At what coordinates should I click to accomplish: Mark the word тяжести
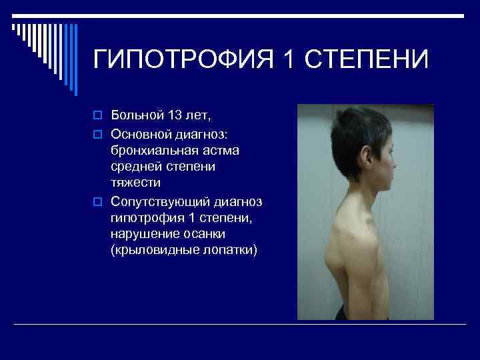click(x=136, y=182)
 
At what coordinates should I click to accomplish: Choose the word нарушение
click(x=144, y=233)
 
